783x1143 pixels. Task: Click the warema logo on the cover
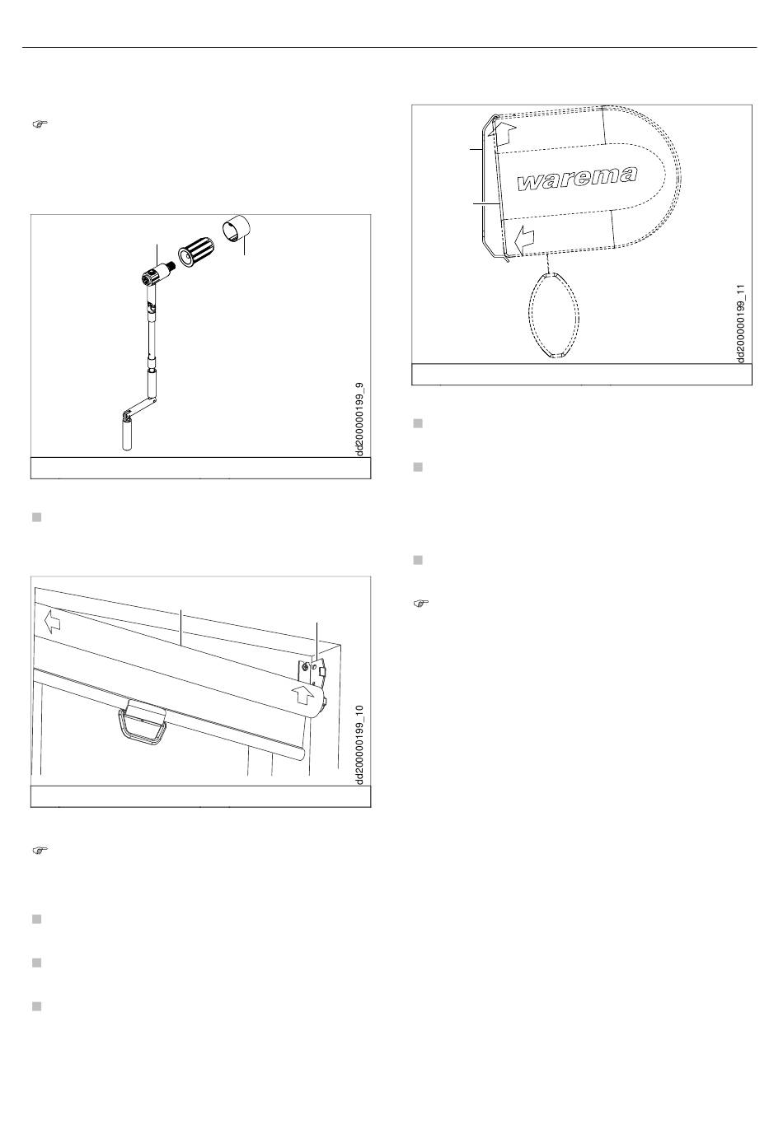[577, 178]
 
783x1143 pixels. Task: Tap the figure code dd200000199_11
[741, 324]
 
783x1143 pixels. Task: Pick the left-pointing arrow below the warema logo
[523, 240]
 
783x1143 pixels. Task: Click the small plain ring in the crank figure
[237, 229]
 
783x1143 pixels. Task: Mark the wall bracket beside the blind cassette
[313, 671]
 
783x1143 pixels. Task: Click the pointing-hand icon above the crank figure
[40, 124]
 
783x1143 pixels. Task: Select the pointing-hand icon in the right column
[421, 603]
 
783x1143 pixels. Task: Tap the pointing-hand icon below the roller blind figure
[40, 850]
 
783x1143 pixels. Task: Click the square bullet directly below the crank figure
[37, 517]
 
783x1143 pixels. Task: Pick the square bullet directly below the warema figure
[418, 423]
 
